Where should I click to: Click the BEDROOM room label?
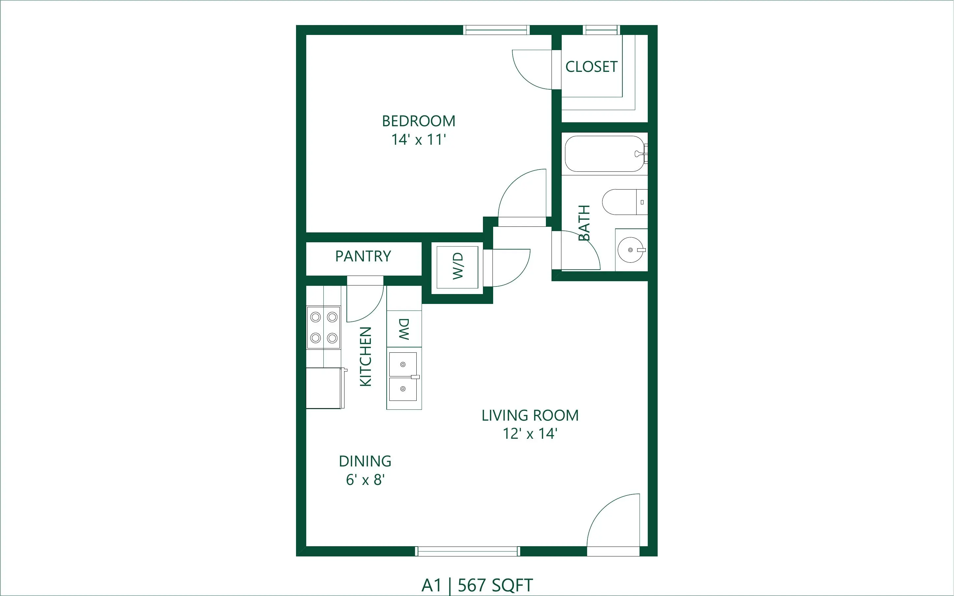[x=418, y=121]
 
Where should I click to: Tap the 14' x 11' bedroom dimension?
[x=418, y=139]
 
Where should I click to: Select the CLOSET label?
[x=591, y=67]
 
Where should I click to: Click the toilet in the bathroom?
[x=625, y=202]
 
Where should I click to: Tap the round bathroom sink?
[x=631, y=250]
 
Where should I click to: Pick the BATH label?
[x=584, y=223]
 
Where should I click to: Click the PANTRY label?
[x=363, y=256]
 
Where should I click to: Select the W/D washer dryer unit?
[x=457, y=267]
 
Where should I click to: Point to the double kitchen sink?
[x=403, y=376]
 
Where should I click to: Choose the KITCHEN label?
[x=366, y=356]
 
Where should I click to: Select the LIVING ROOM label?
[x=530, y=415]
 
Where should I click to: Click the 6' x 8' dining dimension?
[x=365, y=480]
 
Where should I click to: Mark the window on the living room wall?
[x=468, y=551]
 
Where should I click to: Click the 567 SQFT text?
[x=495, y=585]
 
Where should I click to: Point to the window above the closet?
[x=601, y=30]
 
